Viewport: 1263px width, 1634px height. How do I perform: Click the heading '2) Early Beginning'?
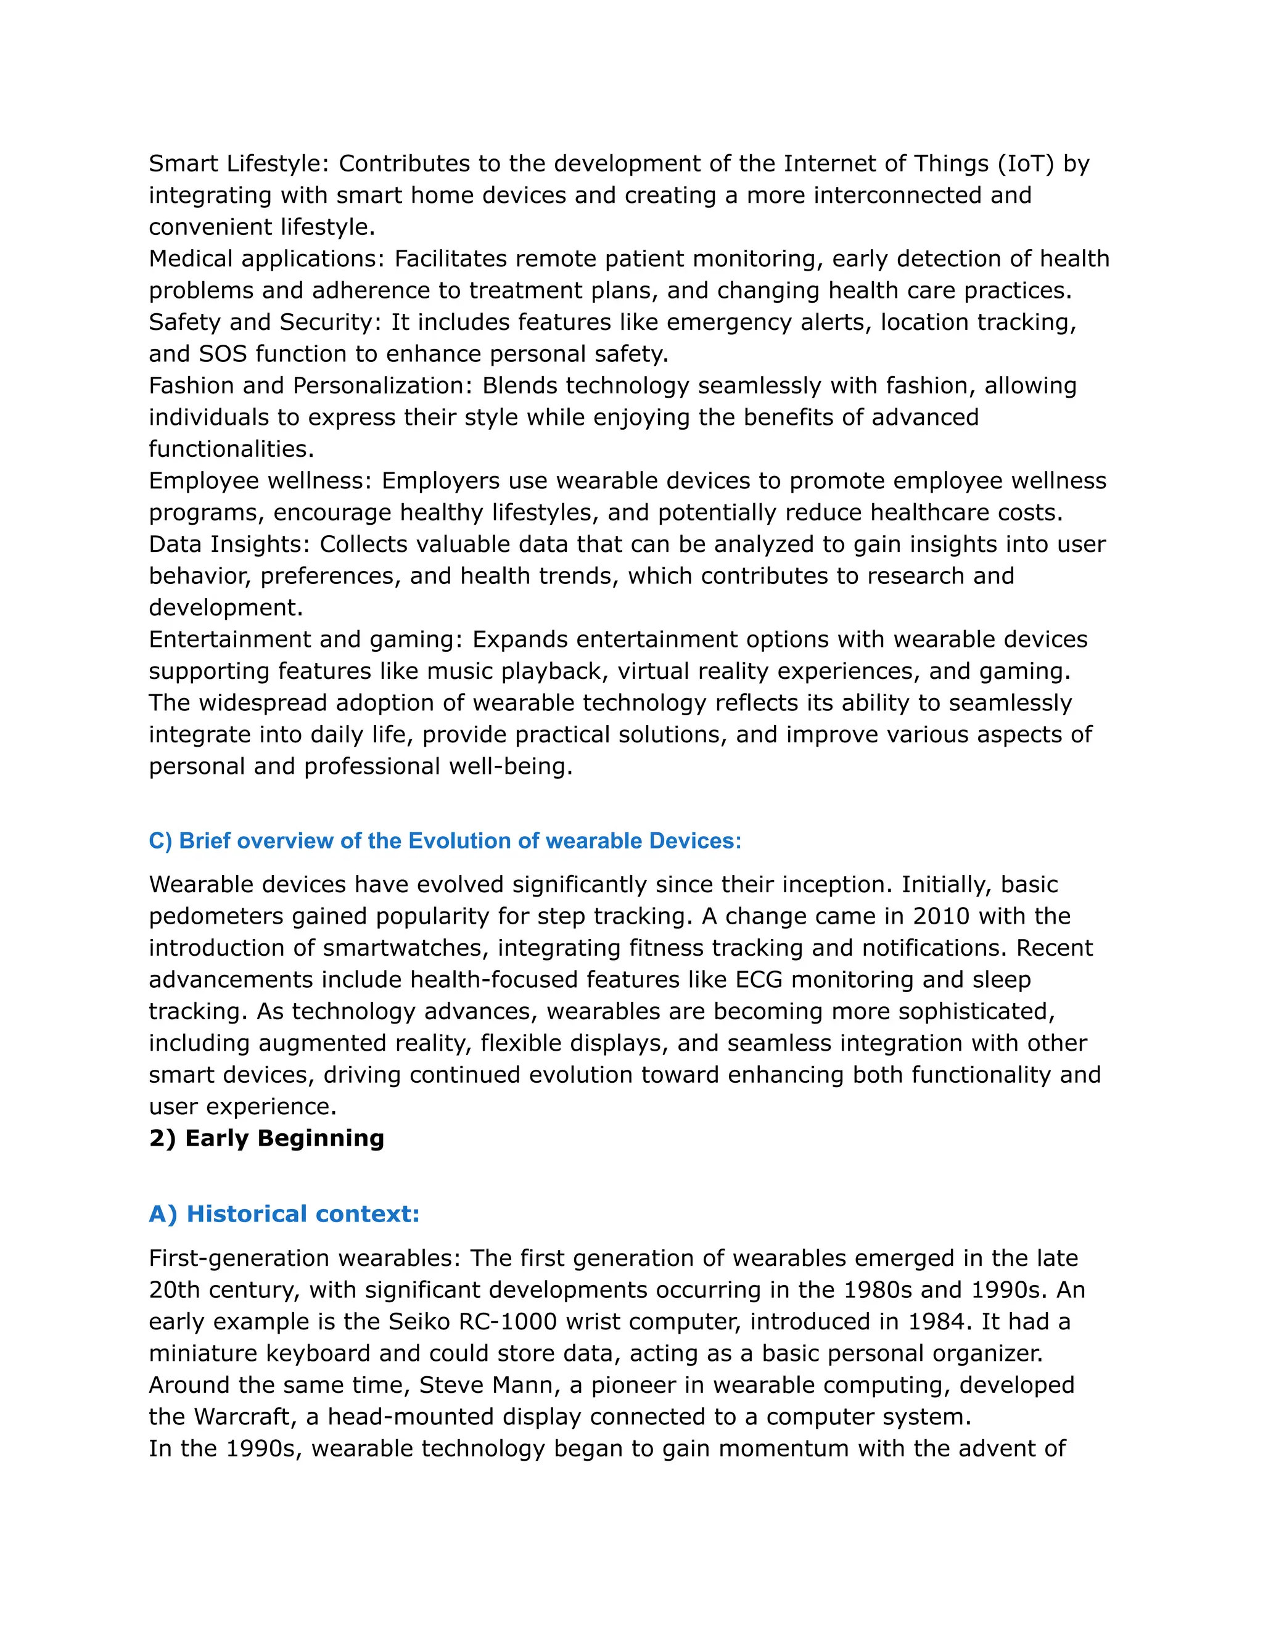[266, 1138]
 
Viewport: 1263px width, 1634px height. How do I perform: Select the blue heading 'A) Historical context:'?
[284, 1213]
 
